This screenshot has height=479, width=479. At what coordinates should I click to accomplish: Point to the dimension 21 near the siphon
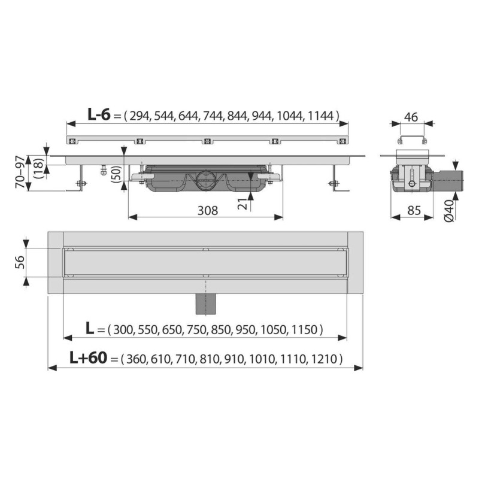(x=242, y=204)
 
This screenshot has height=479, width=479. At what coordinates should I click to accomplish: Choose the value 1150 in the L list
(x=307, y=329)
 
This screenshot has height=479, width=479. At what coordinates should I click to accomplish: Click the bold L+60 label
(x=87, y=358)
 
